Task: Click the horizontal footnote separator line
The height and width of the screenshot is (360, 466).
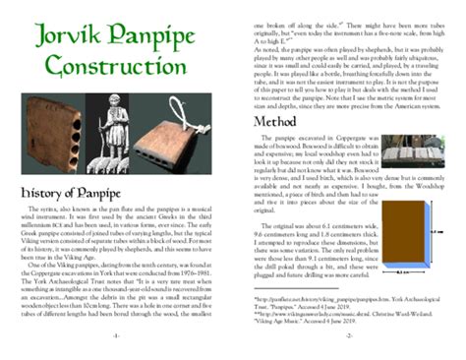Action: [285, 287]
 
